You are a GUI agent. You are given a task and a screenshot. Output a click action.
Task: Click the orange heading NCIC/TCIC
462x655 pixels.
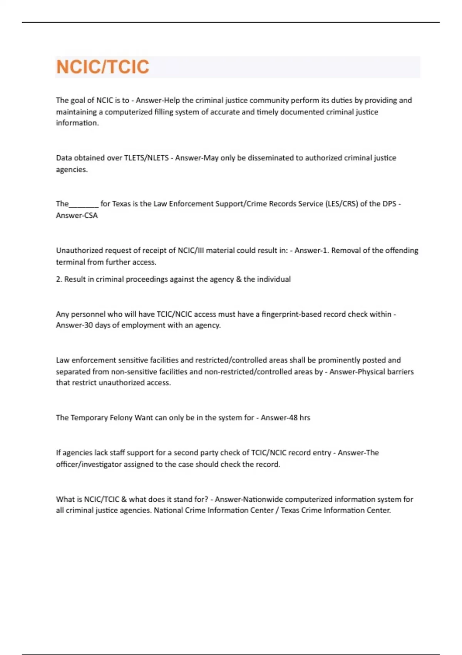[102, 67]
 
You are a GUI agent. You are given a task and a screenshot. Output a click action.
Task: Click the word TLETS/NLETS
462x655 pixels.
[146, 158]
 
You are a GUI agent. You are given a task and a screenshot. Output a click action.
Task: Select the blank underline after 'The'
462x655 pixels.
[84, 204]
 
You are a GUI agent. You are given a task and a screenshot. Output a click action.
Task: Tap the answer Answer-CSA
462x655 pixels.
[77, 215]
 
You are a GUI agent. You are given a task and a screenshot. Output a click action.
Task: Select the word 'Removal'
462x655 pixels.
[345, 250]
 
